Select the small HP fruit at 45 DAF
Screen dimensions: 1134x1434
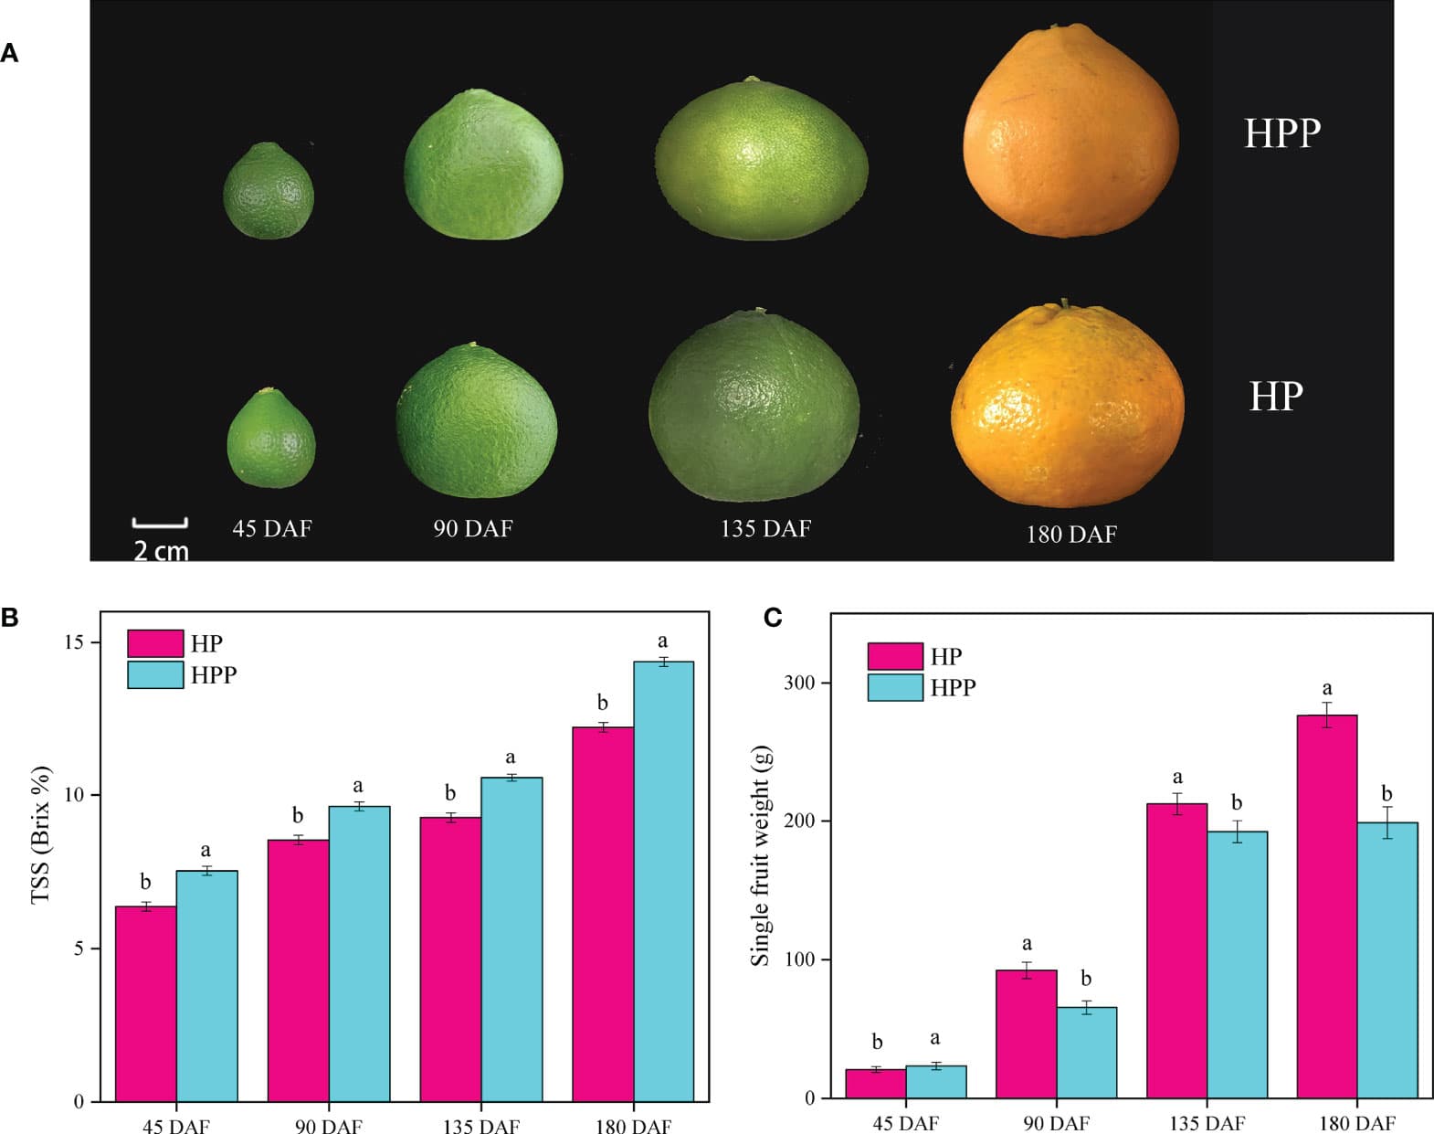(x=270, y=440)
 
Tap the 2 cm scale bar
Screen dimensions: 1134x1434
(x=160, y=524)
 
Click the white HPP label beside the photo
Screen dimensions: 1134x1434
(x=1281, y=133)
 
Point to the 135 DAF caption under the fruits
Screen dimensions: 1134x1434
(x=765, y=528)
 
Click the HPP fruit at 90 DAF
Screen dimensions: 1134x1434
(x=483, y=165)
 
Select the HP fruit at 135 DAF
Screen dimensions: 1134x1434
(x=754, y=408)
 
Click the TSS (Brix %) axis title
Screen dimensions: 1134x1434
(x=41, y=834)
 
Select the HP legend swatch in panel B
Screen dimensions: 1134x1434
(x=155, y=643)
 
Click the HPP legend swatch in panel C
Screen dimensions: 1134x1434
(x=895, y=687)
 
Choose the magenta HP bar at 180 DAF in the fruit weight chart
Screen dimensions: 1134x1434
(x=1326, y=905)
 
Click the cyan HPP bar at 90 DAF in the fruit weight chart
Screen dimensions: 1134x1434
(x=1086, y=1052)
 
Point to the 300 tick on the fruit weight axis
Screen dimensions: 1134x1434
(x=799, y=683)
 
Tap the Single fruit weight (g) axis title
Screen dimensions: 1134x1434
(x=761, y=855)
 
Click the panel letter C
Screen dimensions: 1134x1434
(x=773, y=618)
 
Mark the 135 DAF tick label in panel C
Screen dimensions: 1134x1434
(x=1207, y=1123)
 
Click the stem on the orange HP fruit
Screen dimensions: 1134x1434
(x=1064, y=304)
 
